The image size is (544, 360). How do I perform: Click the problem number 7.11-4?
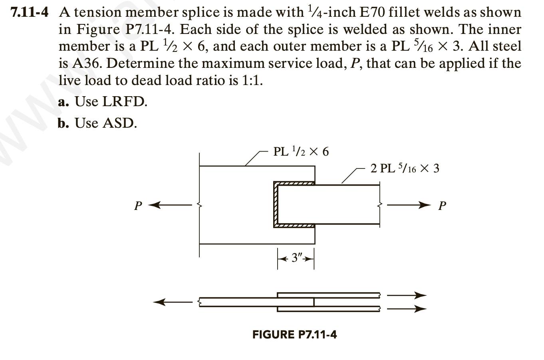click(30, 12)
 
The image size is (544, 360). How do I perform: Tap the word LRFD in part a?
click(125, 102)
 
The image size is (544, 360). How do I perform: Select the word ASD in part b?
click(119, 123)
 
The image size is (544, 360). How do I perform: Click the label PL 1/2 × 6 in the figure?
click(301, 152)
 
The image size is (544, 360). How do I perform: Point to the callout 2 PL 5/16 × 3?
click(405, 168)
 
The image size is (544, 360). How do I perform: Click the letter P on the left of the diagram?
click(138, 206)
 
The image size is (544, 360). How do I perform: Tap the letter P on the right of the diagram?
click(442, 206)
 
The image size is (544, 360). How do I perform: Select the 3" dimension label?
click(296, 258)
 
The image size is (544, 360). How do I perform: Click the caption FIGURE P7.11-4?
click(294, 334)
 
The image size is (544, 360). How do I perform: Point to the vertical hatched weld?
click(275, 204)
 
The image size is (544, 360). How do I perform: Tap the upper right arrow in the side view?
click(407, 296)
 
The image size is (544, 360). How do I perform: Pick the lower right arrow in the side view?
click(407, 309)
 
